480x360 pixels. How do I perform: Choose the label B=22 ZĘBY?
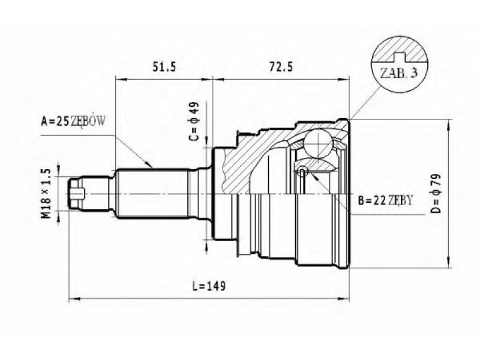pyautogui.click(x=385, y=201)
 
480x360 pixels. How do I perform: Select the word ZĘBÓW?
pyautogui.click(x=89, y=122)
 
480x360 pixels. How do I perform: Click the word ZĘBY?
pyautogui.click(x=401, y=201)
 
